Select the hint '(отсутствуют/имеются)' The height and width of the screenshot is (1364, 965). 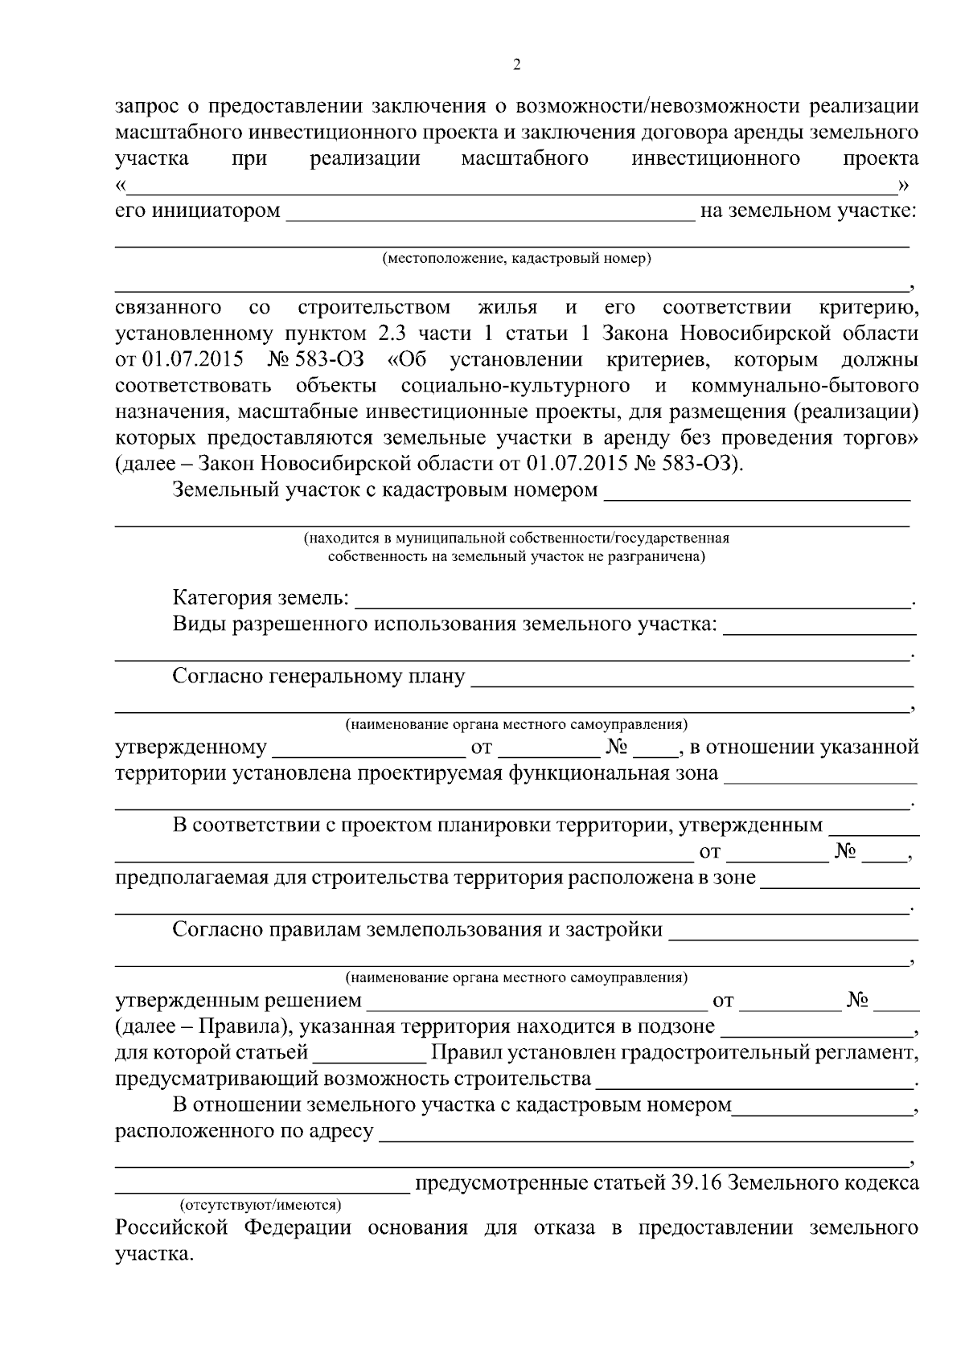pyautogui.click(x=260, y=1206)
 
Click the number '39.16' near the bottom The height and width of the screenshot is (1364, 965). pyautogui.click(x=698, y=1183)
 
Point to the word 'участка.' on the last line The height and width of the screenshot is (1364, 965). pyautogui.click(x=154, y=1254)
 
